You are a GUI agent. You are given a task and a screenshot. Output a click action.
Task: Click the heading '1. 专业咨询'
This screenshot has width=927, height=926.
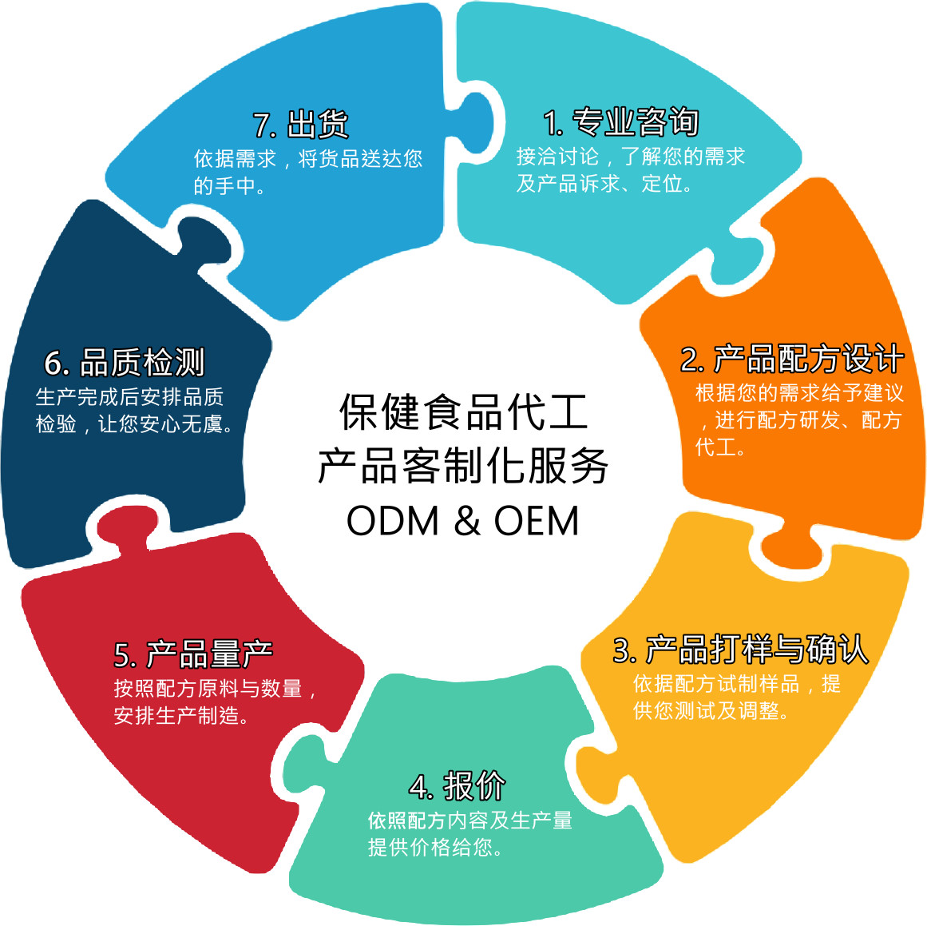[620, 122]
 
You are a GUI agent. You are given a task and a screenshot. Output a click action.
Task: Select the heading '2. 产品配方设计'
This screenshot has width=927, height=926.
[792, 359]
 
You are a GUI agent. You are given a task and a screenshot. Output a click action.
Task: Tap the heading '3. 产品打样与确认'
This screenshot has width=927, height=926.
[741, 649]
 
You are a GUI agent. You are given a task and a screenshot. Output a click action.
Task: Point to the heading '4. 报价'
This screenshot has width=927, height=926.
[457, 785]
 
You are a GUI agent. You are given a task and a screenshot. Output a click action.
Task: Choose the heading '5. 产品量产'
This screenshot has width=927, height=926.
[193, 654]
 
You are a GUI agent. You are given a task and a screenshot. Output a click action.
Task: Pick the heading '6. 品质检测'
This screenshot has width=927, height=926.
[124, 362]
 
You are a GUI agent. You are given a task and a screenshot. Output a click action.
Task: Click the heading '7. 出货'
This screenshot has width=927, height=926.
[301, 125]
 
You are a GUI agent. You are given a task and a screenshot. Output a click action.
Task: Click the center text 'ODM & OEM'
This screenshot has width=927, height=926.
[462, 521]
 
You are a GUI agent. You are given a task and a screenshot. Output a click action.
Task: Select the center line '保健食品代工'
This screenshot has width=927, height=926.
[463, 411]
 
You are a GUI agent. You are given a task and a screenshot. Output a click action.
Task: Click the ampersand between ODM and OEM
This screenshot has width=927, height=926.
[467, 521]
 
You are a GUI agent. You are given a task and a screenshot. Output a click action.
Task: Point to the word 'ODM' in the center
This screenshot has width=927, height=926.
[393, 521]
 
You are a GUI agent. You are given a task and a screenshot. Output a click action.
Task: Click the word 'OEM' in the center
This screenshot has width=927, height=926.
[537, 521]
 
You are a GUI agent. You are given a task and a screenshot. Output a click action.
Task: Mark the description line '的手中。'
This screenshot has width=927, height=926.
[229, 186]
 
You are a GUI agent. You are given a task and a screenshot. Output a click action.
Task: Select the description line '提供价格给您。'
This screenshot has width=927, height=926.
[434, 848]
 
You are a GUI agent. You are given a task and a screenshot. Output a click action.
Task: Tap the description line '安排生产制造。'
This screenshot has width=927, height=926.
[181, 715]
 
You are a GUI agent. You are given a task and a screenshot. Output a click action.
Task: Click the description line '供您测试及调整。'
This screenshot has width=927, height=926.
[711, 710]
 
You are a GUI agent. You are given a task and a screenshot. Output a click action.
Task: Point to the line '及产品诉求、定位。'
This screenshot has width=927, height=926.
[604, 184]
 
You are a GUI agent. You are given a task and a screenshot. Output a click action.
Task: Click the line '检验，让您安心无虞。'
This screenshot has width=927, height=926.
[134, 423]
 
